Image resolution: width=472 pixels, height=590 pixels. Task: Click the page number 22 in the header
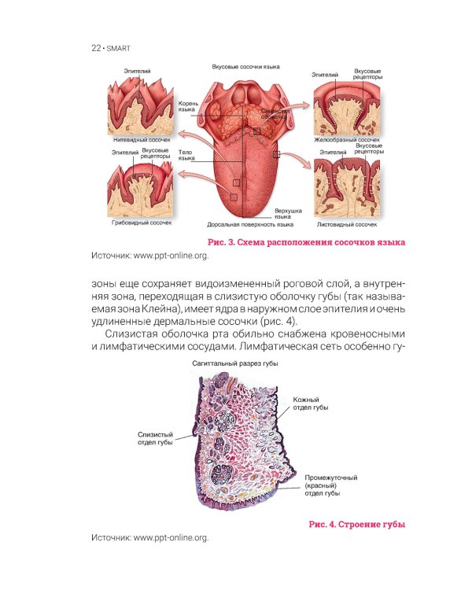click(x=96, y=48)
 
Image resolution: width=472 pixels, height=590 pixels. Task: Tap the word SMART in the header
click(x=119, y=49)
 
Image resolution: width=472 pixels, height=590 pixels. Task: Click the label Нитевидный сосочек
click(x=142, y=139)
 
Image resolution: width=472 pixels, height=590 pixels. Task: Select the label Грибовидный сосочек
click(x=142, y=223)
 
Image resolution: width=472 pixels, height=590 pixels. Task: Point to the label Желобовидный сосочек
click(x=347, y=139)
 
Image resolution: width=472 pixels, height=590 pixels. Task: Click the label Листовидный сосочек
click(x=347, y=225)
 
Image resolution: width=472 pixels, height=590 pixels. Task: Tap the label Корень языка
click(x=186, y=106)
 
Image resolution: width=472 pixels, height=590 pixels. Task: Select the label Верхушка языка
click(x=288, y=214)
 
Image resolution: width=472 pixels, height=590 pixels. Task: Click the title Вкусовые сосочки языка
click(x=245, y=67)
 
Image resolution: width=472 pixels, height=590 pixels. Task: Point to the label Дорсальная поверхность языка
click(x=250, y=225)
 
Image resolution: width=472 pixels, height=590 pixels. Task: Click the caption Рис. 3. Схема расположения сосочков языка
click(x=306, y=242)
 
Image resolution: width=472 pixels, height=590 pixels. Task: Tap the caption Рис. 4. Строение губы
click(x=357, y=524)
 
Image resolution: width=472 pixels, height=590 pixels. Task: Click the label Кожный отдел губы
click(x=311, y=404)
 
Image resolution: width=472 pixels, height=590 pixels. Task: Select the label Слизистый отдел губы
click(x=155, y=438)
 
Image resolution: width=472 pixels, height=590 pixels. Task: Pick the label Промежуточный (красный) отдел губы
click(x=331, y=485)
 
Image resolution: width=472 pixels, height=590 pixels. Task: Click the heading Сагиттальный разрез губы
click(x=235, y=363)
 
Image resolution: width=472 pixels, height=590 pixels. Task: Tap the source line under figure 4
click(x=149, y=538)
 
